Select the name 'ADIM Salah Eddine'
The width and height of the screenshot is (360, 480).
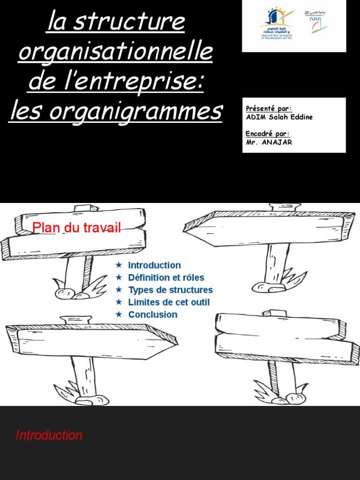click(x=279, y=117)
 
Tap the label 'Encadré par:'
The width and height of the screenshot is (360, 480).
click(x=268, y=134)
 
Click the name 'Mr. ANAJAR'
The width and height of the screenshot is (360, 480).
click(x=269, y=142)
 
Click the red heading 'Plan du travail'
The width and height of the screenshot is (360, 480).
click(x=76, y=228)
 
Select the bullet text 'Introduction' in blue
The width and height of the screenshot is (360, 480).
click(x=154, y=265)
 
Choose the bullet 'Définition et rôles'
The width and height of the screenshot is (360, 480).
click(x=166, y=277)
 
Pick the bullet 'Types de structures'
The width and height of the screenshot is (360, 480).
click(x=170, y=290)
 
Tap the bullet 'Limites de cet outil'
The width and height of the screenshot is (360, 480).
click(x=169, y=302)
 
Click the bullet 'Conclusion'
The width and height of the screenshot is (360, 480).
click(x=153, y=315)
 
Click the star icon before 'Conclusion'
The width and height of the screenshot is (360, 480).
click(x=119, y=314)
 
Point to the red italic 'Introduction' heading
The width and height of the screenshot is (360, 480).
click(x=49, y=435)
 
